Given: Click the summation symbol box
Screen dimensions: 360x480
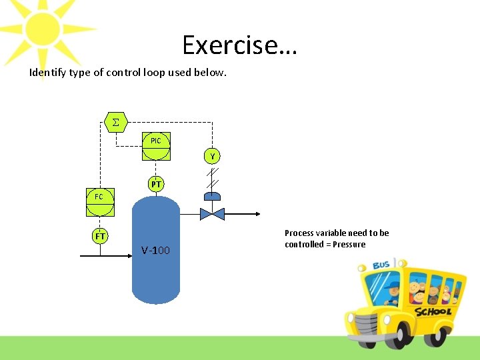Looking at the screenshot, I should [x=116, y=123].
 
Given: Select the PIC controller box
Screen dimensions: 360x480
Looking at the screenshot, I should [x=156, y=141].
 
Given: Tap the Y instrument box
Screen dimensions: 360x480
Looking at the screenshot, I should [x=213, y=157].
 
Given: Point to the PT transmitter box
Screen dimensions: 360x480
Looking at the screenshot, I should [x=156, y=184].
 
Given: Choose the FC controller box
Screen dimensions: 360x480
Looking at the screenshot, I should [x=99, y=197].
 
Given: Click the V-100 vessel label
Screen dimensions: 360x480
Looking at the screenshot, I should [x=155, y=251].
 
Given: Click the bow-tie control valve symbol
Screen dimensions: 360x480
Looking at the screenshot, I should [x=213, y=214].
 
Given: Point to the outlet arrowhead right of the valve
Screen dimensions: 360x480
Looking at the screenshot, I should [x=255, y=214].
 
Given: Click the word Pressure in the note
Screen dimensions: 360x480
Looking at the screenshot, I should [x=350, y=244].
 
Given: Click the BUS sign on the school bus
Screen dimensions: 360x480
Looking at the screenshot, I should [x=381, y=265].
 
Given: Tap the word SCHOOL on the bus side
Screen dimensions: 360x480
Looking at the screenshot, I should [x=433, y=311].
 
